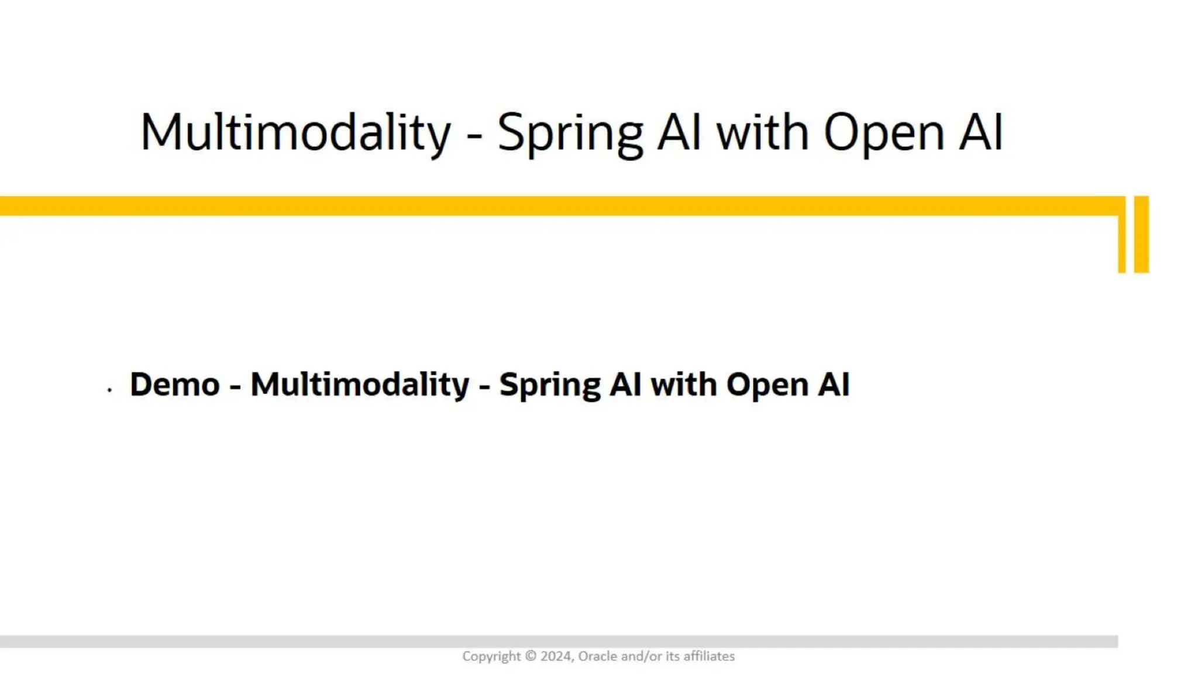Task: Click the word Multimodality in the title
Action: pos(295,132)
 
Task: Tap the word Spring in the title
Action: pos(570,133)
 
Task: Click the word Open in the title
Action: pos(883,133)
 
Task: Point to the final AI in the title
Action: pos(981,132)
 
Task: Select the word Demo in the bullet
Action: pos(174,384)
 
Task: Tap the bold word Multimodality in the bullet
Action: pos(360,384)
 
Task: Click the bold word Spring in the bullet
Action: pos(549,386)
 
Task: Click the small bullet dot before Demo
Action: pos(109,389)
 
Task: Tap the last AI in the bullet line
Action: pos(834,384)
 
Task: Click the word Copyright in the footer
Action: pos(491,656)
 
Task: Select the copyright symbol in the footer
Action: pos(530,656)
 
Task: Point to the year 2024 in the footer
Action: pos(556,656)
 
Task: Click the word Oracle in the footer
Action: pos(597,656)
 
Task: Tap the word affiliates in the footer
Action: pos(709,656)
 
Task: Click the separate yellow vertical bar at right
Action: pos(1141,234)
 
